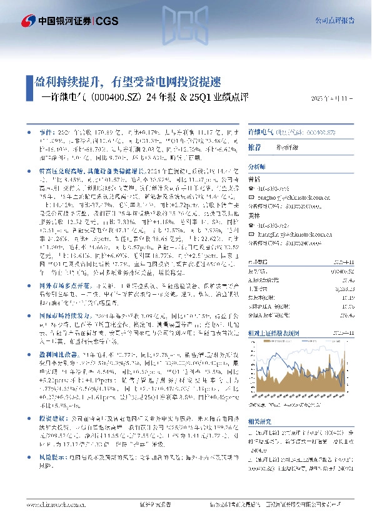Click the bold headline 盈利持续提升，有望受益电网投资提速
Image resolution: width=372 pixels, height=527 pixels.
(124, 82)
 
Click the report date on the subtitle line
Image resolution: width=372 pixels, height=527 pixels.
(332, 98)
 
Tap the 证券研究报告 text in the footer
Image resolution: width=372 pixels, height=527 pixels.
(153, 505)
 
